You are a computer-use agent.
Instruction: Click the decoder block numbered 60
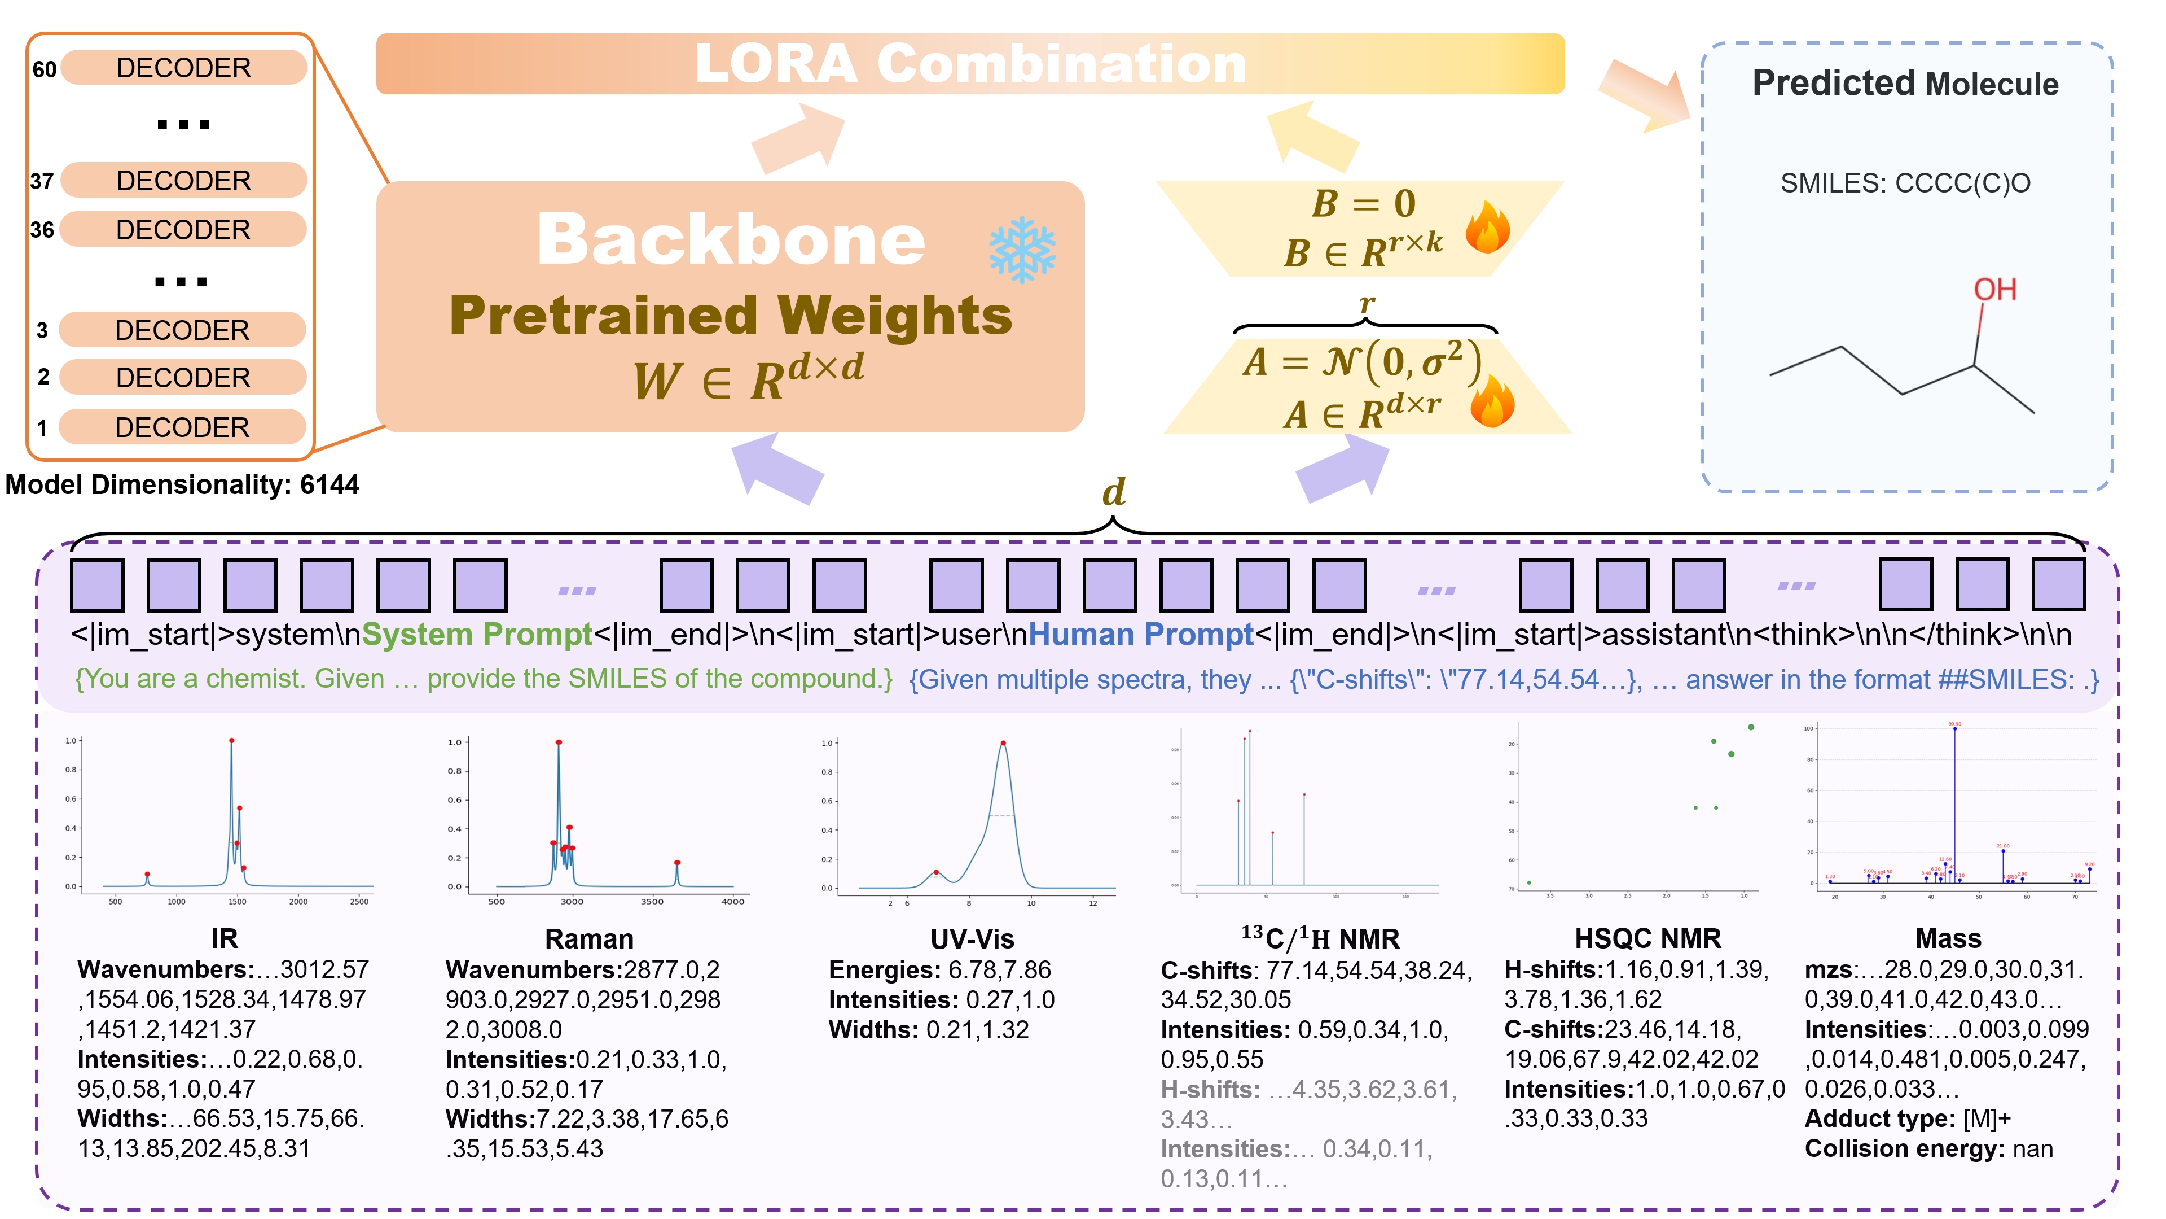click(183, 67)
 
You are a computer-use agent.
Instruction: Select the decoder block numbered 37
click(183, 180)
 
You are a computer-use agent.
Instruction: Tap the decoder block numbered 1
click(182, 427)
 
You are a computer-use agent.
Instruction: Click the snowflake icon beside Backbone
click(1022, 250)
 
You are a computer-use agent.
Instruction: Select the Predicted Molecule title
click(1905, 84)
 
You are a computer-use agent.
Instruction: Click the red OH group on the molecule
click(1994, 290)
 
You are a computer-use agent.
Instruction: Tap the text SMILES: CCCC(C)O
click(1905, 183)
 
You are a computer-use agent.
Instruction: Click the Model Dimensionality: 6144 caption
click(182, 484)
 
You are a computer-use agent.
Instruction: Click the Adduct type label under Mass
click(1880, 1119)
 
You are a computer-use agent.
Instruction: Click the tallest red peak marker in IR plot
click(231, 740)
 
